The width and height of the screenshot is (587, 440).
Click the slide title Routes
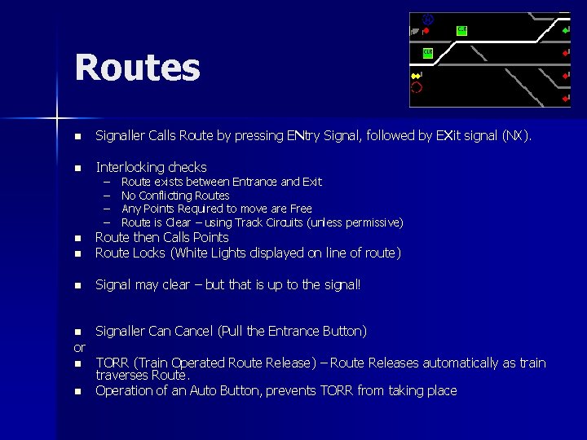coord(137,68)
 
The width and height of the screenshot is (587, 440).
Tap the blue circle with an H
coord(429,19)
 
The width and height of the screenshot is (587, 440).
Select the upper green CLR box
coord(461,30)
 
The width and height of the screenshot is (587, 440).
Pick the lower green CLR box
coord(427,53)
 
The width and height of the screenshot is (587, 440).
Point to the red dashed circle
coord(417,87)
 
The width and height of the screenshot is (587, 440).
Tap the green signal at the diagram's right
coord(566,31)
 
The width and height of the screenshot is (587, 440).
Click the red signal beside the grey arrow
coord(426,31)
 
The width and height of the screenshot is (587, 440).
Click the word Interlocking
coord(131,167)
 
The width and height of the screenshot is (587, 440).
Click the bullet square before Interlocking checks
coord(78,168)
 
